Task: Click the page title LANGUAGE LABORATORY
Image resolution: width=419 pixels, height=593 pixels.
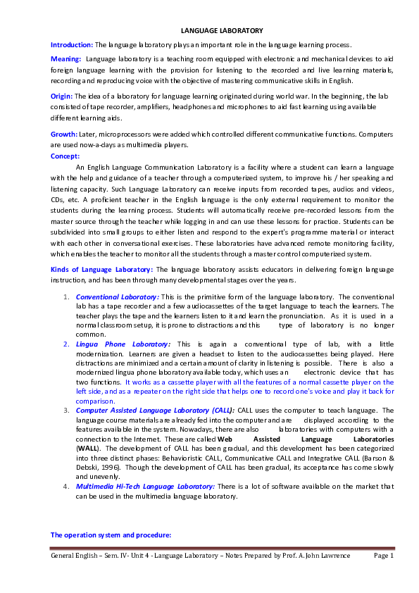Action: point(222,31)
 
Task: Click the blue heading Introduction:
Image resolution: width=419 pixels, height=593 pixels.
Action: point(72,44)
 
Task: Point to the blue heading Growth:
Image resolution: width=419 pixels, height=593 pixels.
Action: point(64,134)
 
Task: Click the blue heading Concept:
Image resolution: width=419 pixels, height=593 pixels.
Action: point(65,156)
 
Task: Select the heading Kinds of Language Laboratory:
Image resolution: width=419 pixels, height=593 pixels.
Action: point(101,269)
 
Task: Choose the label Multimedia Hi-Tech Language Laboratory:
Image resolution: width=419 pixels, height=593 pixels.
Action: point(144,486)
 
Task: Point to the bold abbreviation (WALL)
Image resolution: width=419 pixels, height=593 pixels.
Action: point(88,447)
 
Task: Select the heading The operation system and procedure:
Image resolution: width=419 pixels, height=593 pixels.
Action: point(111,535)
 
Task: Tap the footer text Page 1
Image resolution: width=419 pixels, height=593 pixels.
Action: point(383,556)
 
